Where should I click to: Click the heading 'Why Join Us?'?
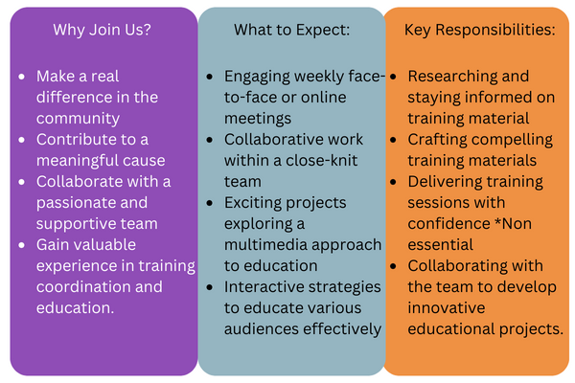[x=102, y=30]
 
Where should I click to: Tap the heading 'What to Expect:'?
[x=292, y=30]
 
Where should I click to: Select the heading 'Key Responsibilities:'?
[x=480, y=30]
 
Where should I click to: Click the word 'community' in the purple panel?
[x=78, y=119]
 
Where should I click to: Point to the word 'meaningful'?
[x=75, y=161]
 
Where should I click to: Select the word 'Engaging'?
[x=257, y=77]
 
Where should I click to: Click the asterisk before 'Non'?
[x=498, y=221]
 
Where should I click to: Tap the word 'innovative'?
[x=447, y=308]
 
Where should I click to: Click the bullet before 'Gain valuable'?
[x=22, y=245]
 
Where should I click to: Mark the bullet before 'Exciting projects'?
[x=210, y=203]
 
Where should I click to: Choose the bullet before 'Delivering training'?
[x=394, y=182]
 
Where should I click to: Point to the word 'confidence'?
[x=448, y=223]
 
